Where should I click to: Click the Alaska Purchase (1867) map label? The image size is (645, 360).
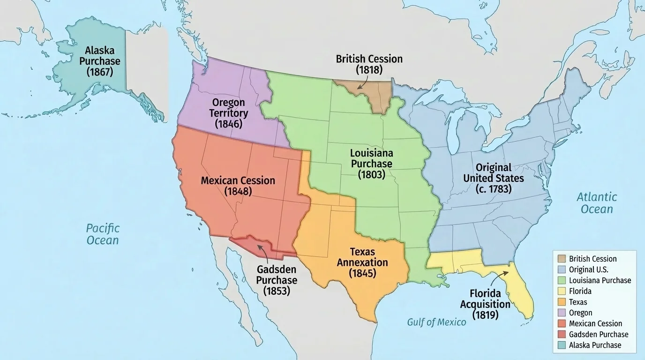click(x=99, y=61)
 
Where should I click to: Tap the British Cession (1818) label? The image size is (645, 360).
click(x=369, y=64)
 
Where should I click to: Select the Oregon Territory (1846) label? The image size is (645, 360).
click(x=229, y=113)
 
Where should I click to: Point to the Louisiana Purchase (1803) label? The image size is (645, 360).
click(x=372, y=164)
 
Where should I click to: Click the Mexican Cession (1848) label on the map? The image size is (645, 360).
click(x=238, y=186)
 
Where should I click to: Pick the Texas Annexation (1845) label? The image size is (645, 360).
click(x=362, y=262)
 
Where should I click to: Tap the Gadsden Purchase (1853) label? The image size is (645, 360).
click(x=277, y=280)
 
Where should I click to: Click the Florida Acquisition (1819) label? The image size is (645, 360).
click(x=485, y=304)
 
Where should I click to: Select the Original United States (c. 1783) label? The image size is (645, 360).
click(x=494, y=178)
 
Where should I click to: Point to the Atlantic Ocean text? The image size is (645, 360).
click(x=597, y=203)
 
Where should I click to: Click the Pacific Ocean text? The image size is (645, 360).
click(x=103, y=234)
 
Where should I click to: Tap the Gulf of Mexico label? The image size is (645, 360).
click(x=436, y=322)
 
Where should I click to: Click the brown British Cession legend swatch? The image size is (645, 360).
click(x=561, y=259)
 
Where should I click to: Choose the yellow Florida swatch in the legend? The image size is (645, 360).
click(x=561, y=291)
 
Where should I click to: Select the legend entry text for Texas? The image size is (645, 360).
click(x=578, y=302)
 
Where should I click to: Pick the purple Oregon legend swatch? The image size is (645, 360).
click(x=561, y=313)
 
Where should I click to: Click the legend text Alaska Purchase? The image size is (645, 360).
click(x=595, y=345)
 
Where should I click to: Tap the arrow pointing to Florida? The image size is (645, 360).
click(x=499, y=277)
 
